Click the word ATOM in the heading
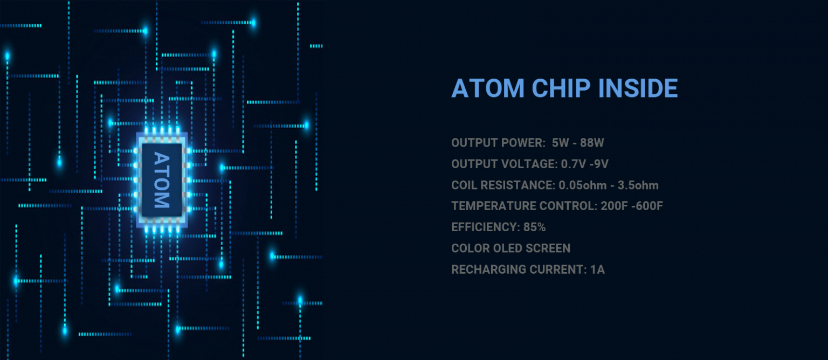click(488, 88)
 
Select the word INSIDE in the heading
click(638, 88)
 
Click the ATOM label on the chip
click(162, 179)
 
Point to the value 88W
click(592, 143)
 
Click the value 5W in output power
click(561, 143)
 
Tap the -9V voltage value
click(599, 164)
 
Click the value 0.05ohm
click(583, 185)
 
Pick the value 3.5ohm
click(638, 185)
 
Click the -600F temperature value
click(647, 206)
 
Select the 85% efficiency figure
click(535, 227)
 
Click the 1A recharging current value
click(597, 269)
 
